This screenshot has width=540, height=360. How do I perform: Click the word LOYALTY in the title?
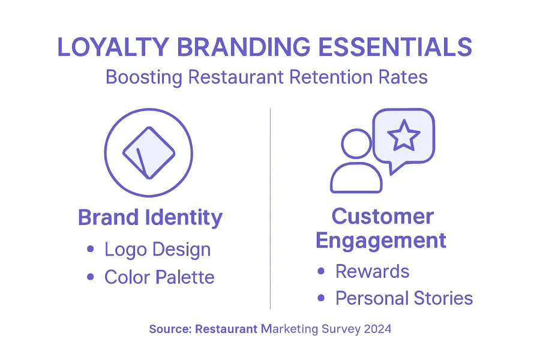[x=113, y=47]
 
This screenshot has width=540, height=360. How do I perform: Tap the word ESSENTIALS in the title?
[x=395, y=47]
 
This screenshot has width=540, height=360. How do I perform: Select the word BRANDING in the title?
[x=244, y=47]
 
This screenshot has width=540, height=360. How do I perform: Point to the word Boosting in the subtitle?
[x=144, y=77]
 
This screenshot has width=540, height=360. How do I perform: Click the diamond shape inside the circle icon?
[x=149, y=153]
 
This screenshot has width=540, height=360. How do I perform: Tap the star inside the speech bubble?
[x=404, y=135]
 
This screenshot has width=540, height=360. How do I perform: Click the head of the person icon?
[x=356, y=143]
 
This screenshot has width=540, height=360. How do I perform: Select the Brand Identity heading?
[x=150, y=218]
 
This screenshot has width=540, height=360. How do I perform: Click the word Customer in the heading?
[x=383, y=217]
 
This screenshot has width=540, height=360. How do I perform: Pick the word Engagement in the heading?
[x=381, y=241]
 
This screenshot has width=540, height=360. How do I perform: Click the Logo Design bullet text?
[x=157, y=250]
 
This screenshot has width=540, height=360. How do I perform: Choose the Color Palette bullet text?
[x=160, y=277]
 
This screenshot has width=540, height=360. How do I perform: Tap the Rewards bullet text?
[x=372, y=271]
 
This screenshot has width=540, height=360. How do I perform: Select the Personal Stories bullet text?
[x=404, y=298]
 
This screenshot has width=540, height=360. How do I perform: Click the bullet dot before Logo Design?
[x=91, y=249]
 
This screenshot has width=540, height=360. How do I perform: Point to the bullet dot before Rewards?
[x=321, y=271]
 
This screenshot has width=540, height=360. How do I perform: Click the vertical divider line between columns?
[x=271, y=208]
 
